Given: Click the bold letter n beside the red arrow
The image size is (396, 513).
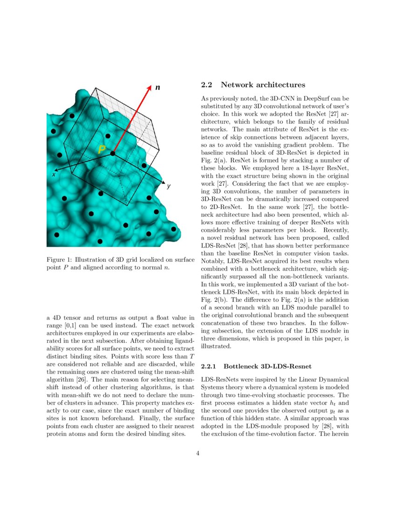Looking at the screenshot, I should click(158, 87).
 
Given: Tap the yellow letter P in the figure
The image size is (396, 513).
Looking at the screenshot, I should click(102, 150).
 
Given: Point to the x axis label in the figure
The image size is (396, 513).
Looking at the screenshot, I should click(54, 174).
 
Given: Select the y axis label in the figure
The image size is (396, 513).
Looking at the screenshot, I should click(169, 186).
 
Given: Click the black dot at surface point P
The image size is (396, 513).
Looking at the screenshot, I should click(113, 153).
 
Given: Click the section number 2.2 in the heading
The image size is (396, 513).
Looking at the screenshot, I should click(206, 85).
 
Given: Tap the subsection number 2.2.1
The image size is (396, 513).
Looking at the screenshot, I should click(210, 367).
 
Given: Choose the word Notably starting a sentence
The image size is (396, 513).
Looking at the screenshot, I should click(213, 261).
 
